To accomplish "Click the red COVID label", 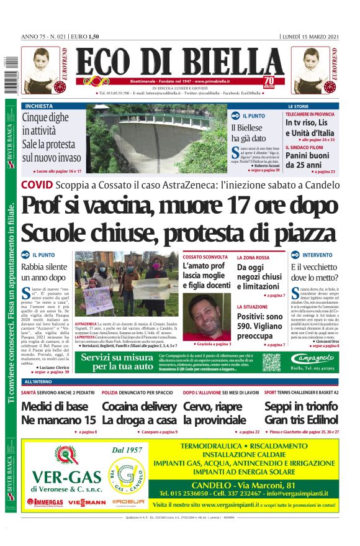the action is click(36, 184).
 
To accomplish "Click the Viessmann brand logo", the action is click(87, 501).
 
